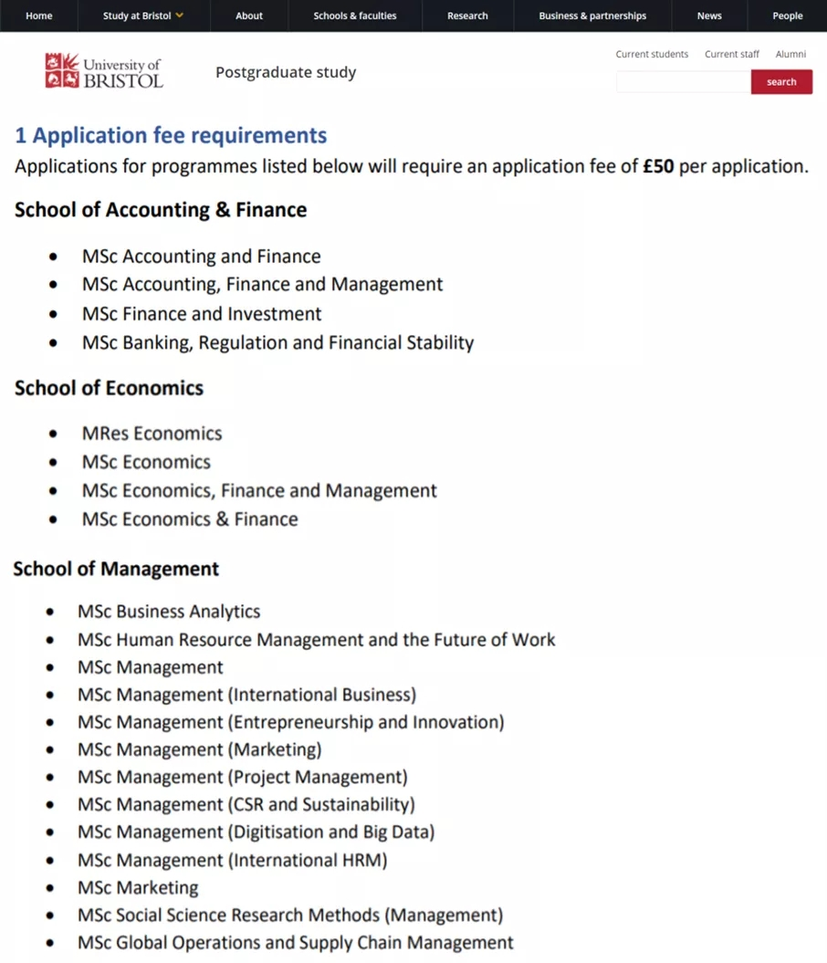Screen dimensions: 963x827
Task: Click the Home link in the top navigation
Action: pyautogui.click(x=39, y=16)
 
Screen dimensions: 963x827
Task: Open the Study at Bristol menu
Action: pyautogui.click(x=143, y=16)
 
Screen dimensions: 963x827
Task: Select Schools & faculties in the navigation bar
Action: pyautogui.click(x=355, y=16)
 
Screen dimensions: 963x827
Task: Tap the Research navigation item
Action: pyautogui.click(x=467, y=16)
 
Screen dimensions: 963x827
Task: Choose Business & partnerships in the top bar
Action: pyautogui.click(x=592, y=16)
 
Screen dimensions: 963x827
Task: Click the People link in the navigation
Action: pyautogui.click(x=788, y=16)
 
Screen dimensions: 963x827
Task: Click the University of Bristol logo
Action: pyautogui.click(x=104, y=71)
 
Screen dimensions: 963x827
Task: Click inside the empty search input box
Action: pyautogui.click(x=683, y=82)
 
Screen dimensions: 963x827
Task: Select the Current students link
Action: pyautogui.click(x=652, y=55)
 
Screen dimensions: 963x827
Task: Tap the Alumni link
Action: pyautogui.click(x=790, y=55)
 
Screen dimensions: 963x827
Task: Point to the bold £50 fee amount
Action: pyautogui.click(x=658, y=167)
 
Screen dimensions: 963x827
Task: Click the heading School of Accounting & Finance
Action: pyautogui.click(x=161, y=210)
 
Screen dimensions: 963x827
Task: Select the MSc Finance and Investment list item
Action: pyautogui.click(x=202, y=314)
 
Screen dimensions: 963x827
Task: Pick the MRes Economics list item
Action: pyautogui.click(x=152, y=434)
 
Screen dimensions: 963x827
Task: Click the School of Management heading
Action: pyautogui.click(x=116, y=570)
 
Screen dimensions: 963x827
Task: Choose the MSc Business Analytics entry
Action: pyautogui.click(x=169, y=612)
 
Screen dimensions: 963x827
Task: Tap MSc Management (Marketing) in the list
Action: pyautogui.click(x=199, y=749)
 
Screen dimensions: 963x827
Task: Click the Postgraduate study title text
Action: pyautogui.click(x=286, y=72)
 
